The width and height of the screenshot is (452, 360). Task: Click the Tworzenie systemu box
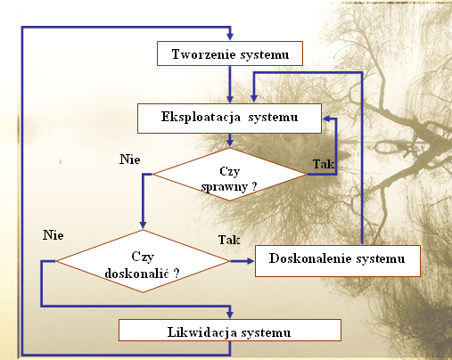tap(230, 53)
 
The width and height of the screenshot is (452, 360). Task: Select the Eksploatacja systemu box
tap(229, 119)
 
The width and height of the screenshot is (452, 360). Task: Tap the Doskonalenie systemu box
tap(338, 261)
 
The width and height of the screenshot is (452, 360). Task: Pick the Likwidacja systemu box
tap(230, 330)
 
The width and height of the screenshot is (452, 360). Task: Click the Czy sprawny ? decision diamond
tap(230, 175)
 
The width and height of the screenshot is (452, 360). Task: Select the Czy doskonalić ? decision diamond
tap(143, 261)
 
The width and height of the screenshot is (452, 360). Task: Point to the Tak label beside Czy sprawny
tap(324, 164)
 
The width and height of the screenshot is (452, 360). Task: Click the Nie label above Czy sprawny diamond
tap(130, 160)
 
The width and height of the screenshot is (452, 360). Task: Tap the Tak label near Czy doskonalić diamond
tap(229, 240)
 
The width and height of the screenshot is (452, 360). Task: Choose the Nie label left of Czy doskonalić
tap(53, 235)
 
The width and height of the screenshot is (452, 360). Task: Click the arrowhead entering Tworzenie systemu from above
tap(230, 36)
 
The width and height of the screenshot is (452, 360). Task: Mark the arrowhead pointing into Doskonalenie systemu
tap(249, 261)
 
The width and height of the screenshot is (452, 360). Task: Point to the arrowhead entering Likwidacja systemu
tap(230, 315)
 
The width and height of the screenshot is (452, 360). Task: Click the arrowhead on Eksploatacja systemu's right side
tap(327, 119)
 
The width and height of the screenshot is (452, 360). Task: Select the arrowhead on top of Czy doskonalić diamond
tap(143, 225)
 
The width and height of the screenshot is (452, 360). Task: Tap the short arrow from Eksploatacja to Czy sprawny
tap(230, 140)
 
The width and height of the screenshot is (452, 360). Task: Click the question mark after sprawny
tap(254, 186)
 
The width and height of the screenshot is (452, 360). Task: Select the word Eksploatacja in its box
tap(201, 117)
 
